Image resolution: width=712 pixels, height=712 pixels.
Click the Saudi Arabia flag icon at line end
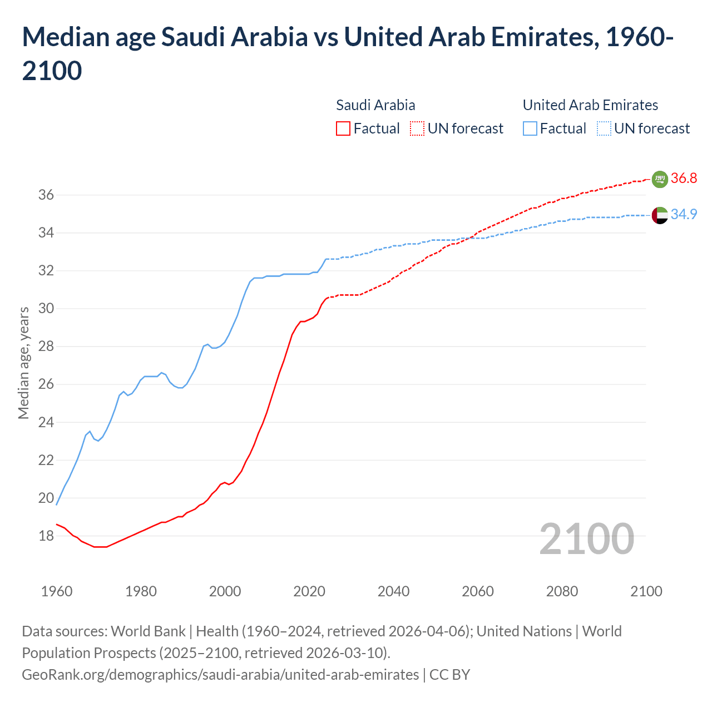660,179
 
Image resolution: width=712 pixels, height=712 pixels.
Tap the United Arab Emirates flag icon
660,215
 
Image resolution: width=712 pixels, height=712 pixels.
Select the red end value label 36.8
684,179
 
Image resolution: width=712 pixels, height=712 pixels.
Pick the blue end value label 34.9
684,214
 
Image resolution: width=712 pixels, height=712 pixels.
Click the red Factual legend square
343,129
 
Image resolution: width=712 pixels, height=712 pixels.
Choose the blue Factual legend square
530,129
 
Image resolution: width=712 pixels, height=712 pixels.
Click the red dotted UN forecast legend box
417,129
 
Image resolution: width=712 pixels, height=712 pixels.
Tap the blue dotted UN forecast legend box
604,129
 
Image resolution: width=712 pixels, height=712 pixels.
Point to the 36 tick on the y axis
46,195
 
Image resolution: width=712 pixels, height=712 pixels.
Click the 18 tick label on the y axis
46,536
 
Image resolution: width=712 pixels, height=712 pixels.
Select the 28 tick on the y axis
46,347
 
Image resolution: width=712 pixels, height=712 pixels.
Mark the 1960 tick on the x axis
57,591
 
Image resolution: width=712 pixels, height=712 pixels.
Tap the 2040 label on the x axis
393,591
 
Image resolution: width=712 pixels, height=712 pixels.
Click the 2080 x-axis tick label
562,591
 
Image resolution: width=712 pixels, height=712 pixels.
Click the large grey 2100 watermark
586,539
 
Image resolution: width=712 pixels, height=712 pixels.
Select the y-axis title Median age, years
23,363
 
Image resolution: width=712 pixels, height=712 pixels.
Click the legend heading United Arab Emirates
590,105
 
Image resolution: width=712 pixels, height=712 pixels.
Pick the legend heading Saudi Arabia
375,105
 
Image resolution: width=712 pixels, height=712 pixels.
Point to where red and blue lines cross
472,238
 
